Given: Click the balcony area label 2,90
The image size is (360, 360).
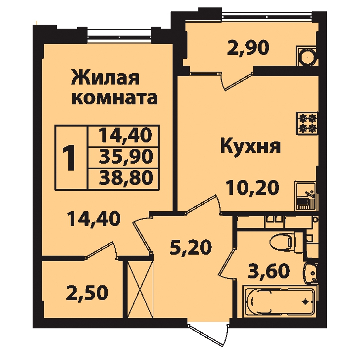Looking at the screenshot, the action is click(248, 48).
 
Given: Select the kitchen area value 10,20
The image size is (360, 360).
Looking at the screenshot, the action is click(253, 188).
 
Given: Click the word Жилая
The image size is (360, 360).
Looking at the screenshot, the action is click(105, 78).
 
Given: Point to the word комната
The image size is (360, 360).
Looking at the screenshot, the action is click(115, 98).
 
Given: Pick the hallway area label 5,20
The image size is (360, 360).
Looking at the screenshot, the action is click(190, 247).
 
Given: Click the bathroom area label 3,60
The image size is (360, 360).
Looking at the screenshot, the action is click(269, 271).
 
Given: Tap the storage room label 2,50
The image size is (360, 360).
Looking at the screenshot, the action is click(87, 293).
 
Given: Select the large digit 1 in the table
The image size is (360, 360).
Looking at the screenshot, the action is click(69, 158).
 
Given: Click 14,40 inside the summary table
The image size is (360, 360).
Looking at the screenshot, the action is click(126, 135).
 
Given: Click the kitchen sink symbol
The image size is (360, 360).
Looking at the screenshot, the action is click(306, 196).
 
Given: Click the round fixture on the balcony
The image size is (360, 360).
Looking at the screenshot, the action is click(308, 56).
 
